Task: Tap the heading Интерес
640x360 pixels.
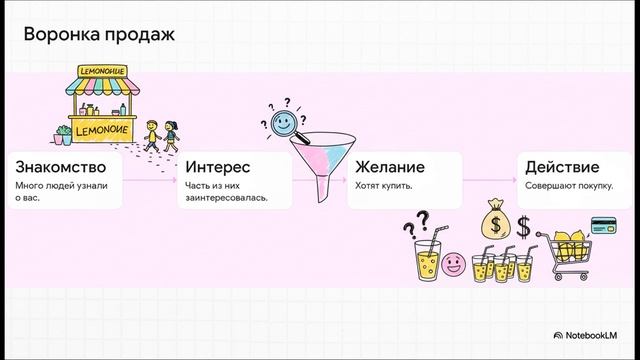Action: (218, 167)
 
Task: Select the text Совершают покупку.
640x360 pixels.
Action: (567, 186)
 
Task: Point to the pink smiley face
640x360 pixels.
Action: (455, 266)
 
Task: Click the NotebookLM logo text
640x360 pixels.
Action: (596, 335)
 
